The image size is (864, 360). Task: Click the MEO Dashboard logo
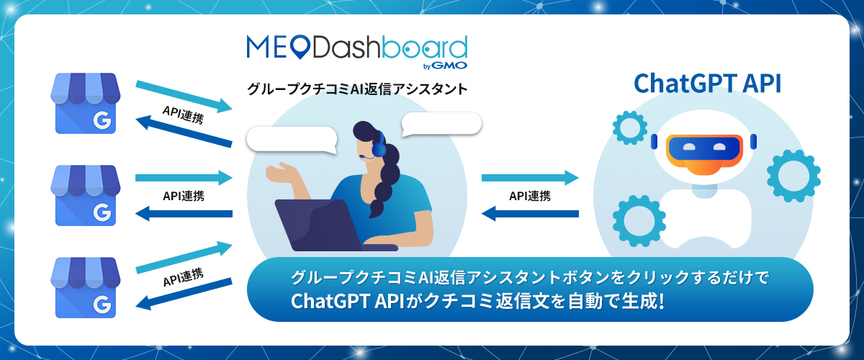357,52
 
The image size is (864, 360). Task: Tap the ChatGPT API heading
707,84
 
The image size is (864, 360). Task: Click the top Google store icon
85,104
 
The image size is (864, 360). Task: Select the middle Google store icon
85,196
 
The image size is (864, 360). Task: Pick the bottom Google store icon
85,288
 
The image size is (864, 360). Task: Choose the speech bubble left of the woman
292,140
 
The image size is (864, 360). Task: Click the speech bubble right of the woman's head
441,123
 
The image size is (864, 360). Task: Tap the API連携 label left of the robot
530,196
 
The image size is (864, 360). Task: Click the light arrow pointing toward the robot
530,178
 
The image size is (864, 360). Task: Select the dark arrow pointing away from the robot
530,214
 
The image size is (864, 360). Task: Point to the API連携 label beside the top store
183,114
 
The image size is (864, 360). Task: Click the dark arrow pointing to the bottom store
184,294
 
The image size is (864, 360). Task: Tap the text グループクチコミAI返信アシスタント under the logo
357,89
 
